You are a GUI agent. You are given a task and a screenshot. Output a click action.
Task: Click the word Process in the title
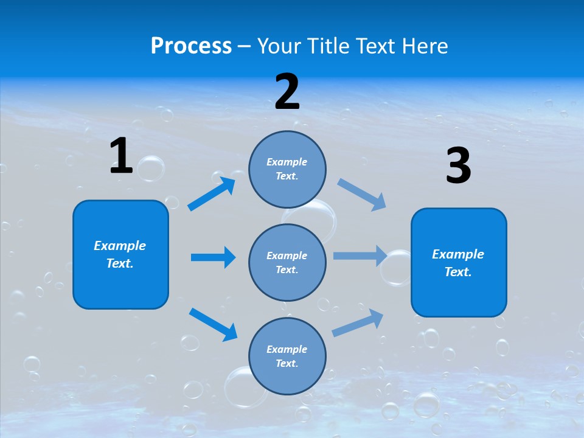(191, 46)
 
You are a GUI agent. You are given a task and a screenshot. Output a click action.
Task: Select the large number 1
(121, 156)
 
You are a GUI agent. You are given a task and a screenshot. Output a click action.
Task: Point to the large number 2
(287, 92)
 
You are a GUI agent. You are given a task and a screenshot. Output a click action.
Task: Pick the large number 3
(458, 166)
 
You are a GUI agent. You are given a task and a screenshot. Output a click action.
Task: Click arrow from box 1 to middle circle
(213, 257)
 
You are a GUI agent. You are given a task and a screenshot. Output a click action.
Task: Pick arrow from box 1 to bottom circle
(213, 324)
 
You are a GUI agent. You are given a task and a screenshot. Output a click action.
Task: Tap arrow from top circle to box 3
(362, 194)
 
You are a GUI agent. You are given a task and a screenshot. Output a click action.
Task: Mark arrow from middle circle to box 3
(360, 255)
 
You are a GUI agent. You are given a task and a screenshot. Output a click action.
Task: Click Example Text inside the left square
(120, 254)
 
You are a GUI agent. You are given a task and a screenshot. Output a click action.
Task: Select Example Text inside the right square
(458, 263)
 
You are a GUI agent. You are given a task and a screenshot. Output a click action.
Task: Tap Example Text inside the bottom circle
(287, 356)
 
